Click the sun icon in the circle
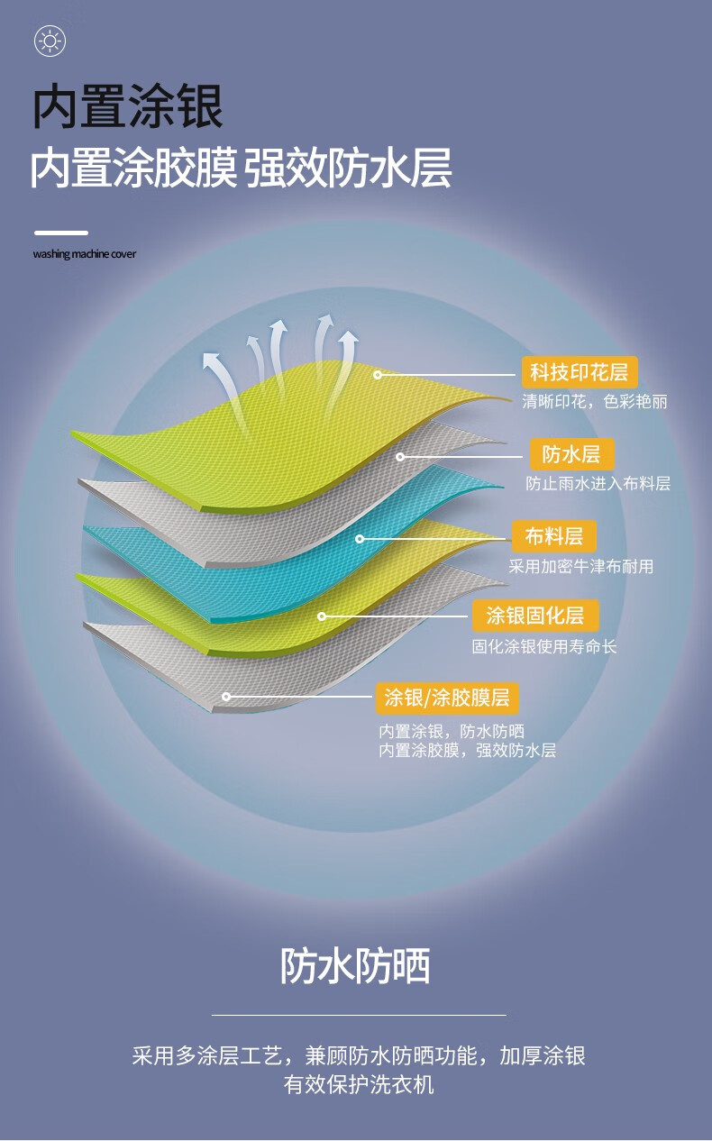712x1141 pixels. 50,41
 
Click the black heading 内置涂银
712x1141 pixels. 128,106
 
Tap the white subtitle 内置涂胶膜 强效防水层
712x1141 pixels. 241,168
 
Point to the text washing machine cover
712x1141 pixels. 85,253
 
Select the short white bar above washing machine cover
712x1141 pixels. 61,233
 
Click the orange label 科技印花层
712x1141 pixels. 580,372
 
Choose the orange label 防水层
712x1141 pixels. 571,454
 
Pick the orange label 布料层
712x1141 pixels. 554,536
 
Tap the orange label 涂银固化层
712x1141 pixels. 535,616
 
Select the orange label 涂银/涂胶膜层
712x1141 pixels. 447,698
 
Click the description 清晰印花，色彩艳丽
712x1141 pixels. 595,402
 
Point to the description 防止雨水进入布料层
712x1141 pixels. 598,483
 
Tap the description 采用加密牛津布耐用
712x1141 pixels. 581,566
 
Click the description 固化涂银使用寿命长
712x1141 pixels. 544,646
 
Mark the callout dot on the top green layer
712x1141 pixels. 378,375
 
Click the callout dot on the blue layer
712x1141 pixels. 360,538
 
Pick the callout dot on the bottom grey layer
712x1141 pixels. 226,697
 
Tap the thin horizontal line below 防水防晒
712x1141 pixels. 359,1015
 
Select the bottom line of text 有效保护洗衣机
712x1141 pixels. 359,1084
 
